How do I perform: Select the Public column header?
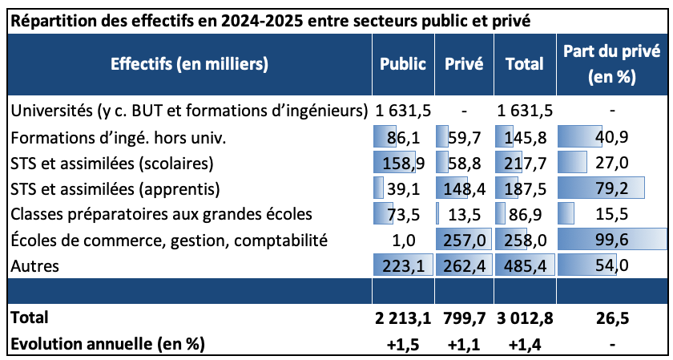pos(403,64)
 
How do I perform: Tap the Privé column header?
pos(464,64)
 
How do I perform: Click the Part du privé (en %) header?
pos(611,64)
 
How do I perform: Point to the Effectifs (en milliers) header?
pos(189,64)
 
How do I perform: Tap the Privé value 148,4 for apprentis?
pos(465,189)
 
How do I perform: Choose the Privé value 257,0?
pos(465,241)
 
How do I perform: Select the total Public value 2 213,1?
pos(402,318)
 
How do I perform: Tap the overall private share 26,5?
pos(611,318)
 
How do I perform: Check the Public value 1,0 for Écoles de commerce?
pos(409,241)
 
